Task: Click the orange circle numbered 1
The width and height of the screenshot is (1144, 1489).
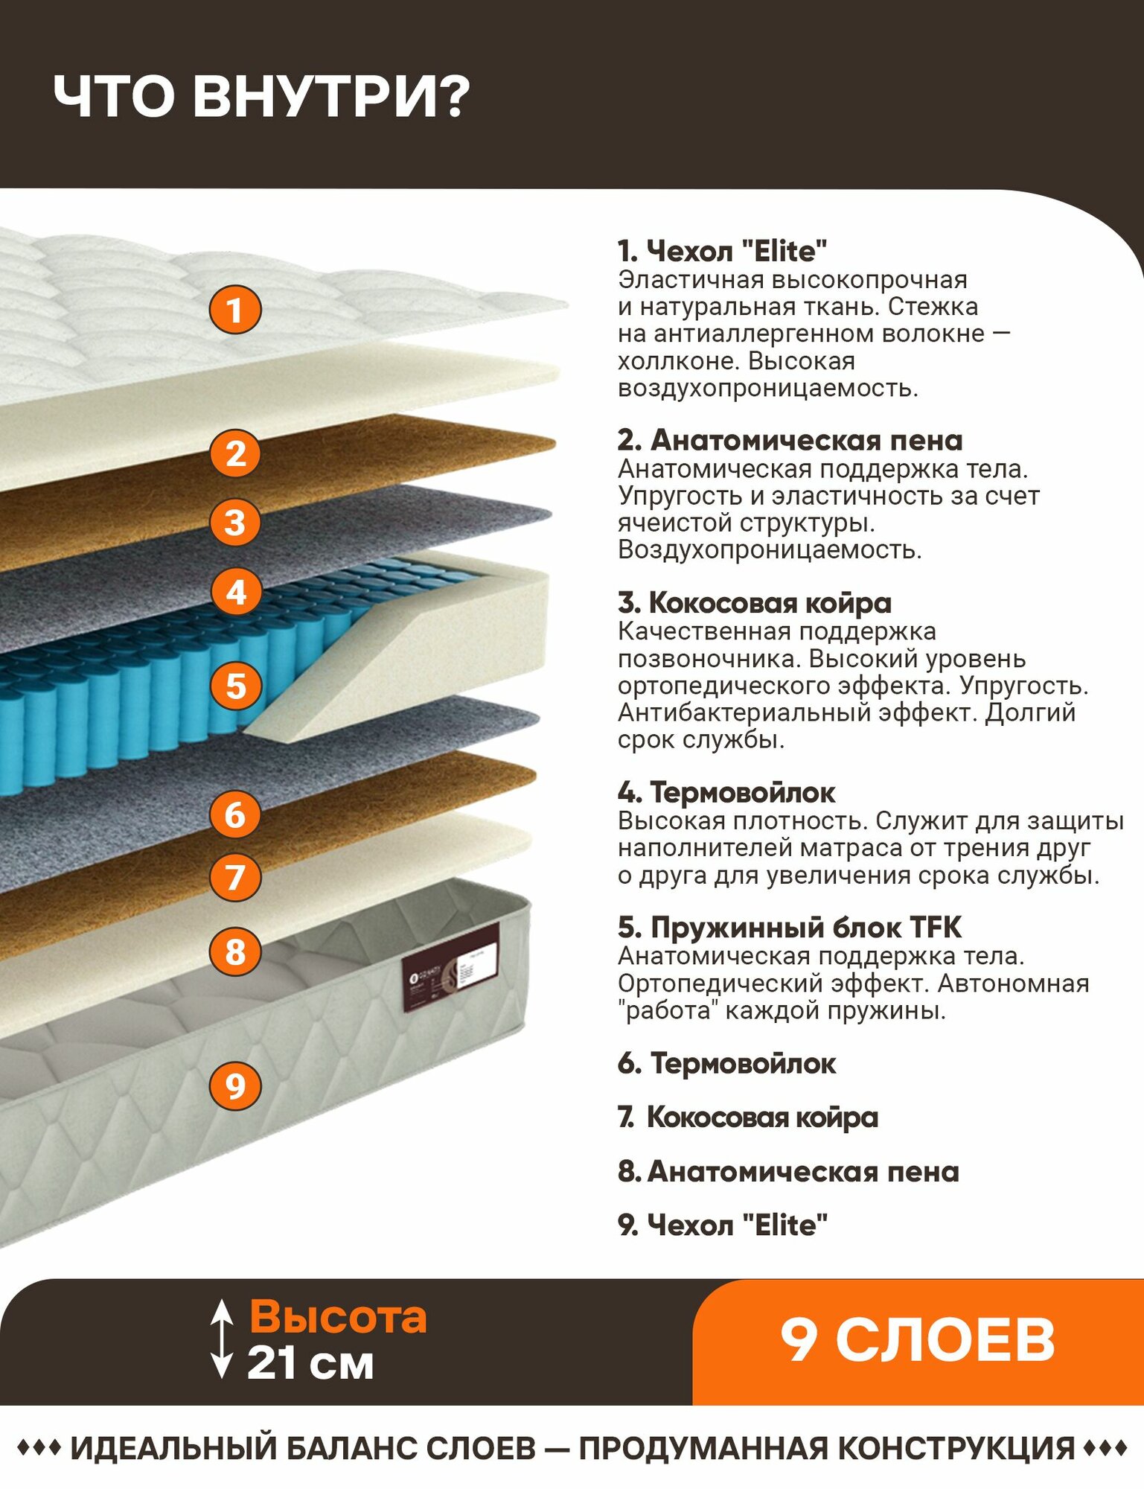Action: pyautogui.click(x=235, y=310)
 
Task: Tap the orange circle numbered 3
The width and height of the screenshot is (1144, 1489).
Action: pyautogui.click(x=235, y=522)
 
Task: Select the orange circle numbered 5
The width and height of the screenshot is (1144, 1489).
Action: pyautogui.click(x=235, y=686)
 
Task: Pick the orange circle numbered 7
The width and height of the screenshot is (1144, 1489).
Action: pyautogui.click(x=235, y=877)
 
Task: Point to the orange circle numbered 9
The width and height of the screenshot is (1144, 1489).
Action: pyautogui.click(x=235, y=1085)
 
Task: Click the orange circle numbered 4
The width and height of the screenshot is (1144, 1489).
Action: pyautogui.click(x=235, y=593)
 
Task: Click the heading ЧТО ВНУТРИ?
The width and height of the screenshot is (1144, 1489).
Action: pyautogui.click(x=261, y=97)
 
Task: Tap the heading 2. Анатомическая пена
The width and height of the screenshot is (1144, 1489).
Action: pyautogui.click(x=790, y=440)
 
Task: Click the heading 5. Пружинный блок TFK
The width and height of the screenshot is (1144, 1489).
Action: pyautogui.click(x=789, y=927)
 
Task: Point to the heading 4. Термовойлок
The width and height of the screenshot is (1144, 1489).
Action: pyautogui.click(x=726, y=792)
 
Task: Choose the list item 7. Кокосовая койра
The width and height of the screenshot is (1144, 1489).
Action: pyautogui.click(x=747, y=1117)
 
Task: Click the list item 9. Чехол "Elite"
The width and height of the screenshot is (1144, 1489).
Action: pyautogui.click(x=722, y=1225)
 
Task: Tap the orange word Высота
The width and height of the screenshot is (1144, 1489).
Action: pyautogui.click(x=338, y=1317)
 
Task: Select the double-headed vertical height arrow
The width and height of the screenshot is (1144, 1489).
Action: pyautogui.click(x=221, y=1339)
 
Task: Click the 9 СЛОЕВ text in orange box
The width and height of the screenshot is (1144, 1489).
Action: pyautogui.click(x=917, y=1341)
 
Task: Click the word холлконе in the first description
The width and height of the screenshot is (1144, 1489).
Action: pyautogui.click(x=677, y=361)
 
